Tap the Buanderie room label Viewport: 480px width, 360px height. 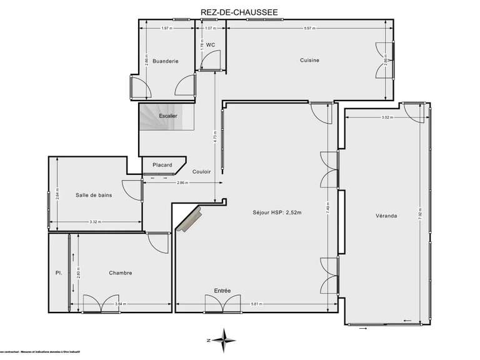166,61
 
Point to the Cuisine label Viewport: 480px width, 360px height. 309,60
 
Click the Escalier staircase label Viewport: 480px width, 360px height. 167,116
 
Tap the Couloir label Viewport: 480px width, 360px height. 201,171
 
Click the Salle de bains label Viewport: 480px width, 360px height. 94,196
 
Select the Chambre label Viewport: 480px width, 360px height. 120,272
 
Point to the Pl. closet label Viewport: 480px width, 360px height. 57,272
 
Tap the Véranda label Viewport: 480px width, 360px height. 387,216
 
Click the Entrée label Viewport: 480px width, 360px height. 222,291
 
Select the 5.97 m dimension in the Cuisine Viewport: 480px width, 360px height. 309,28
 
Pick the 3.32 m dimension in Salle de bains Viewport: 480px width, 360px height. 95,222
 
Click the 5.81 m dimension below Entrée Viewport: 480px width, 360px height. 257,304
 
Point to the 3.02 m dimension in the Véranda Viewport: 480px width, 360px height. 386,117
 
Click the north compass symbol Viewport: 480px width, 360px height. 222,340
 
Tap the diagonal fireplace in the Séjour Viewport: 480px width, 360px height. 189,219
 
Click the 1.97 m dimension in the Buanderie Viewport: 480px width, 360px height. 166,28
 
